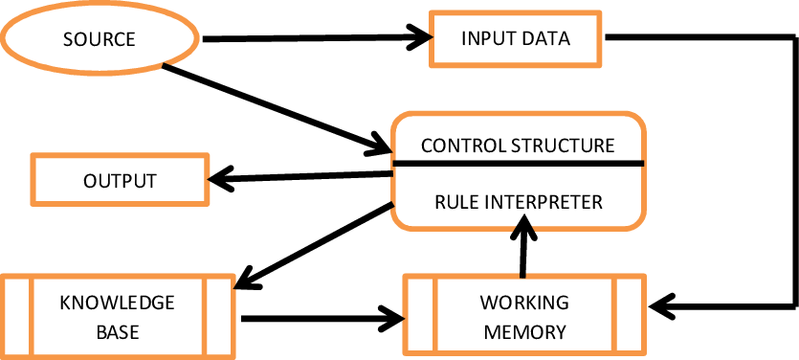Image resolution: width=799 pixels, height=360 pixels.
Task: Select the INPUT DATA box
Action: point(515,39)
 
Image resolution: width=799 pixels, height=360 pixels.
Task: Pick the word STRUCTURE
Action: point(563,146)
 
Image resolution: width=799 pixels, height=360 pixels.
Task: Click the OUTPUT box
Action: point(120,181)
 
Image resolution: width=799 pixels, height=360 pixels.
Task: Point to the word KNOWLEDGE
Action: point(117,304)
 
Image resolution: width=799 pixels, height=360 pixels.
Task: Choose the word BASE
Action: point(117,332)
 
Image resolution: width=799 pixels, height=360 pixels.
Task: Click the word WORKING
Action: point(523,304)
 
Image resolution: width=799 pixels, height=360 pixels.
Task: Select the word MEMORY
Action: point(523,332)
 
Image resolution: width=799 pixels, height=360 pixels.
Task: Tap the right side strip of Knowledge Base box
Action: point(218,315)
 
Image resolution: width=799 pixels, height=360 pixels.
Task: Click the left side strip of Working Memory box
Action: point(420,315)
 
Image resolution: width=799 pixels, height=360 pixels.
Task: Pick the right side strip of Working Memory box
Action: point(629,315)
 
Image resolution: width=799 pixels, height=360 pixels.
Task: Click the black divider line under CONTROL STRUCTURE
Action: point(517,163)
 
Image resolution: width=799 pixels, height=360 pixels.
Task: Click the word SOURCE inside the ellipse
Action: point(99,40)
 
